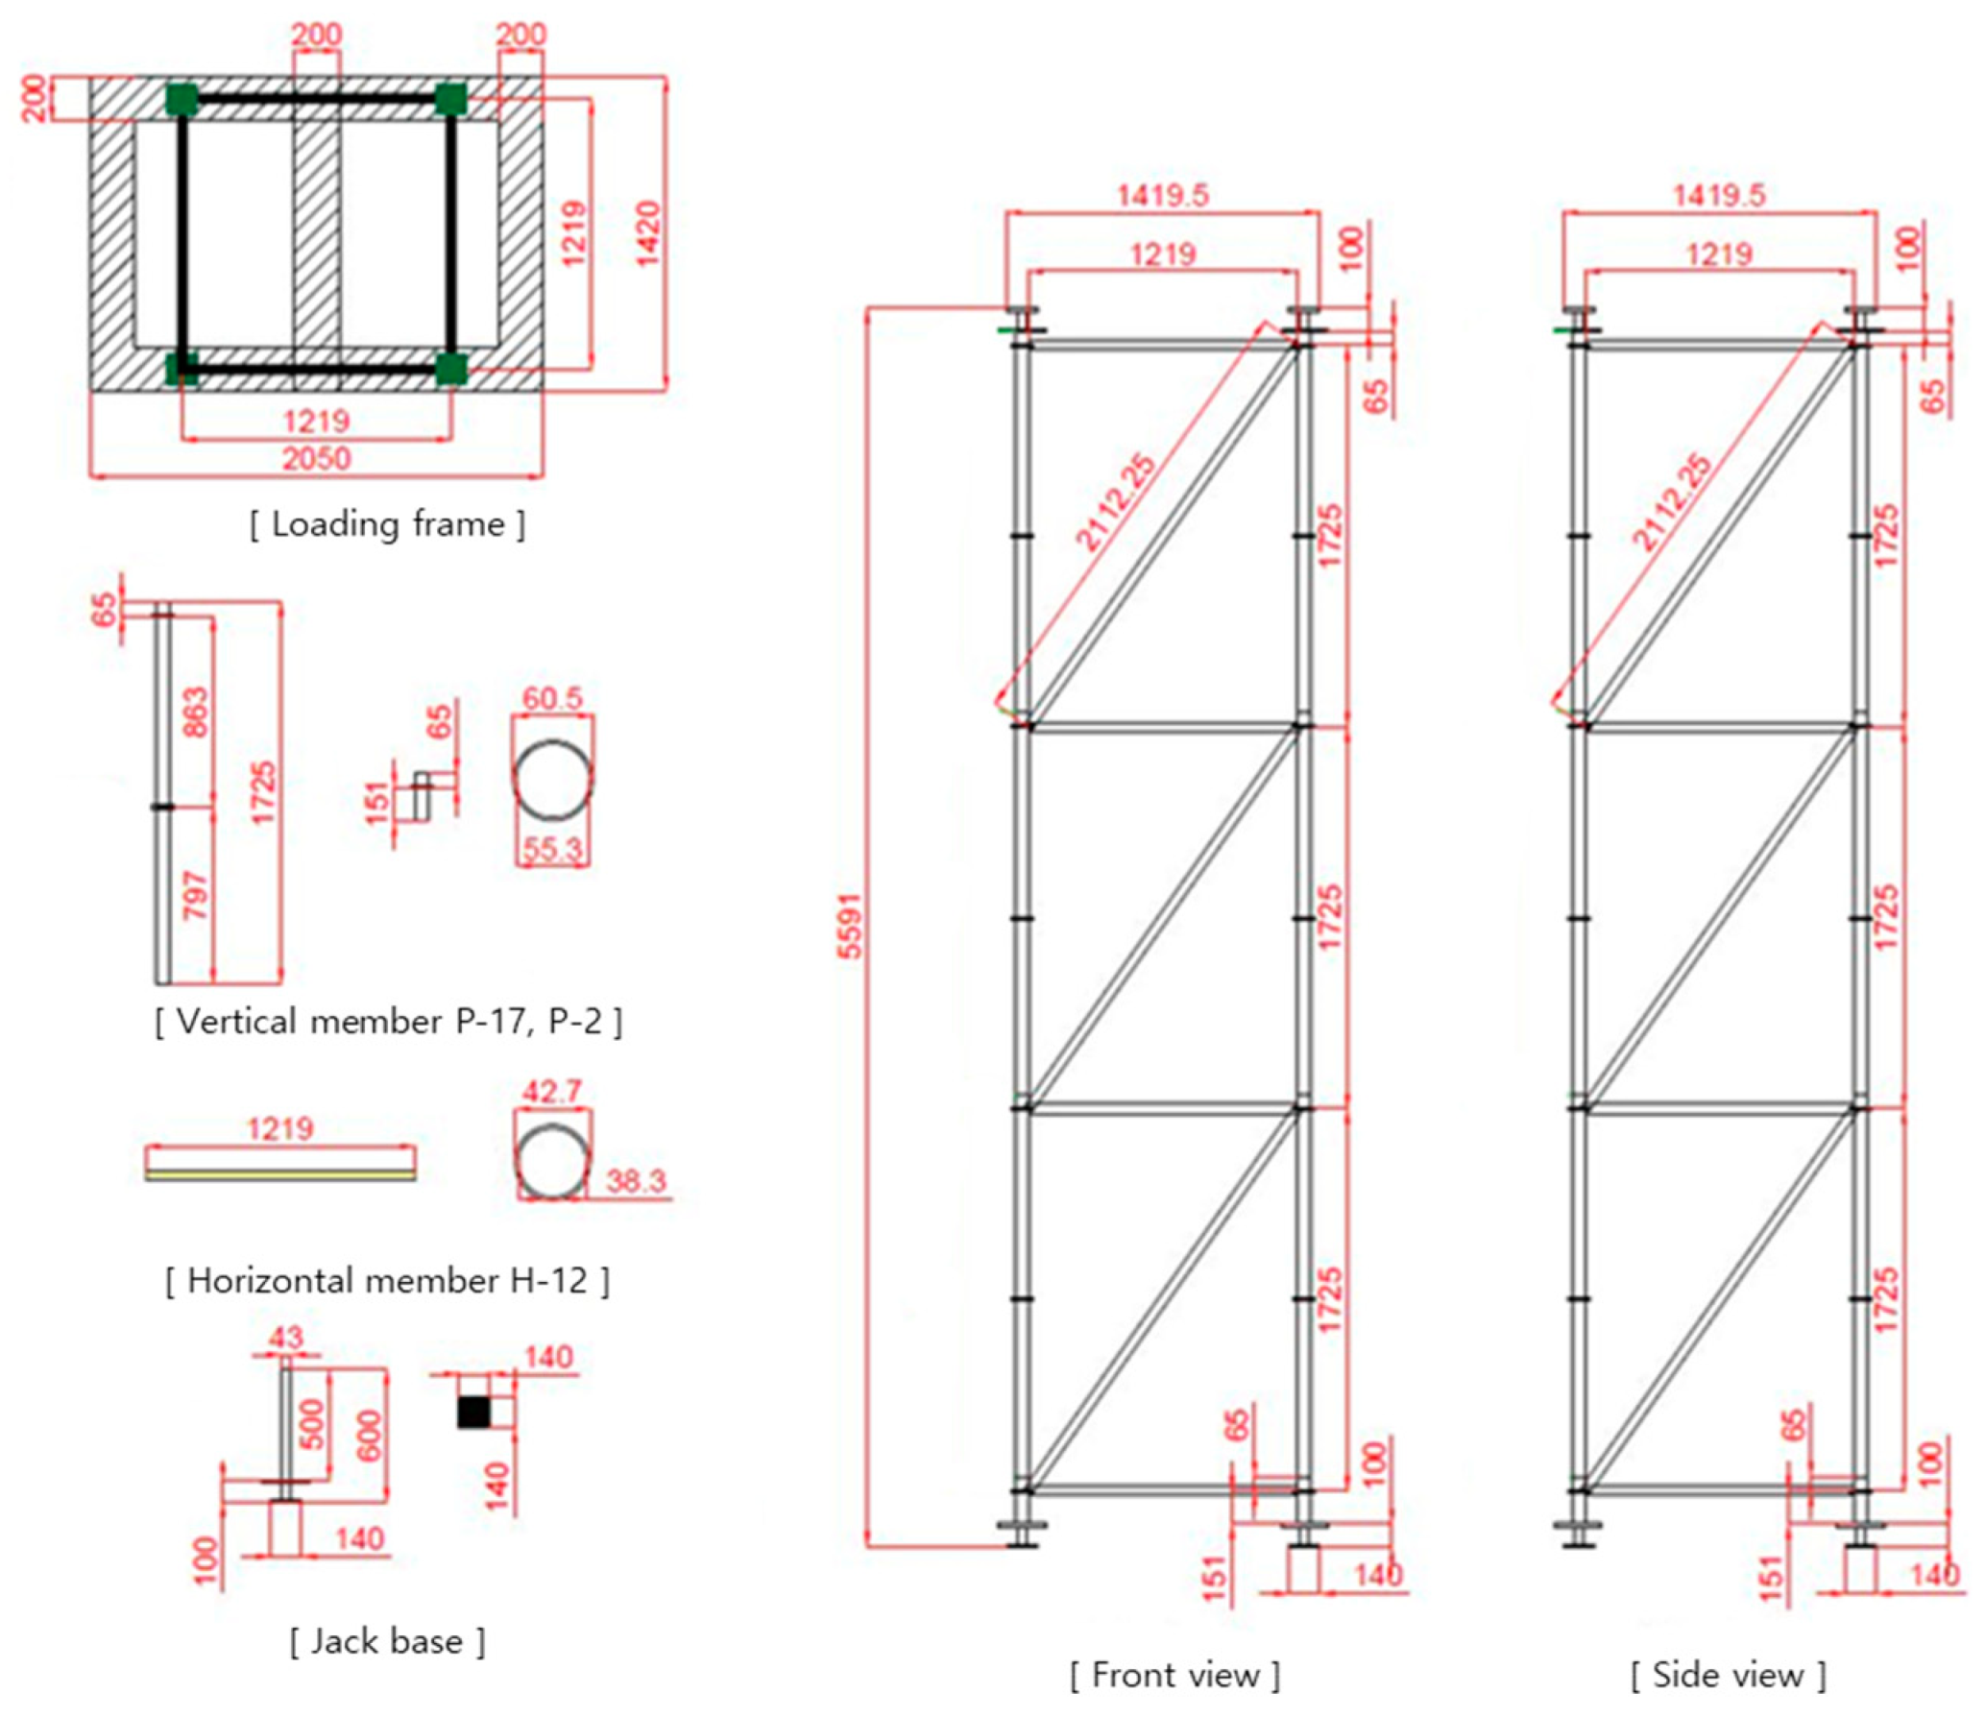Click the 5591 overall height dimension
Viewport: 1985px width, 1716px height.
point(851,926)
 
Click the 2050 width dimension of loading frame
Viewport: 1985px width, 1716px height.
point(316,458)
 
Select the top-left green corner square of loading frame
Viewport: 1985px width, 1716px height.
point(181,100)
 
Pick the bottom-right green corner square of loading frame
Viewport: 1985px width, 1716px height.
point(450,369)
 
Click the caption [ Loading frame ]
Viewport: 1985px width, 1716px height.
point(388,525)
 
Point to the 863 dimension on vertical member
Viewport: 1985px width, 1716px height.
point(195,712)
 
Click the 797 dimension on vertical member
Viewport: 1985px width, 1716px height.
point(195,895)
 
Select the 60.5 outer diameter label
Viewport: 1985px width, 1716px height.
point(552,698)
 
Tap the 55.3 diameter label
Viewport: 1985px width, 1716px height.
point(552,850)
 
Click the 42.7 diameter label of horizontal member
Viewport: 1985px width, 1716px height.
point(552,1092)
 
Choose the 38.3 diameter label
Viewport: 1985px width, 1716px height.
point(636,1180)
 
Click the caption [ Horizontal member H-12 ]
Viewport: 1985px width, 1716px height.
point(388,1281)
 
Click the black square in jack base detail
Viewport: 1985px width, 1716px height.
point(473,1412)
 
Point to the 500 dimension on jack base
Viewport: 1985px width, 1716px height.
point(313,1424)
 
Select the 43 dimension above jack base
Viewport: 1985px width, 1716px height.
point(286,1338)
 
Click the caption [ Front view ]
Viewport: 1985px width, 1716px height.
point(1175,1675)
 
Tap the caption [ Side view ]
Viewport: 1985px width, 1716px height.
point(1728,1675)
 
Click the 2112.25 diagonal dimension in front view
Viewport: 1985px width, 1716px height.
point(1116,503)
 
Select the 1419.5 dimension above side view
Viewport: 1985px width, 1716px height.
point(1719,195)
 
